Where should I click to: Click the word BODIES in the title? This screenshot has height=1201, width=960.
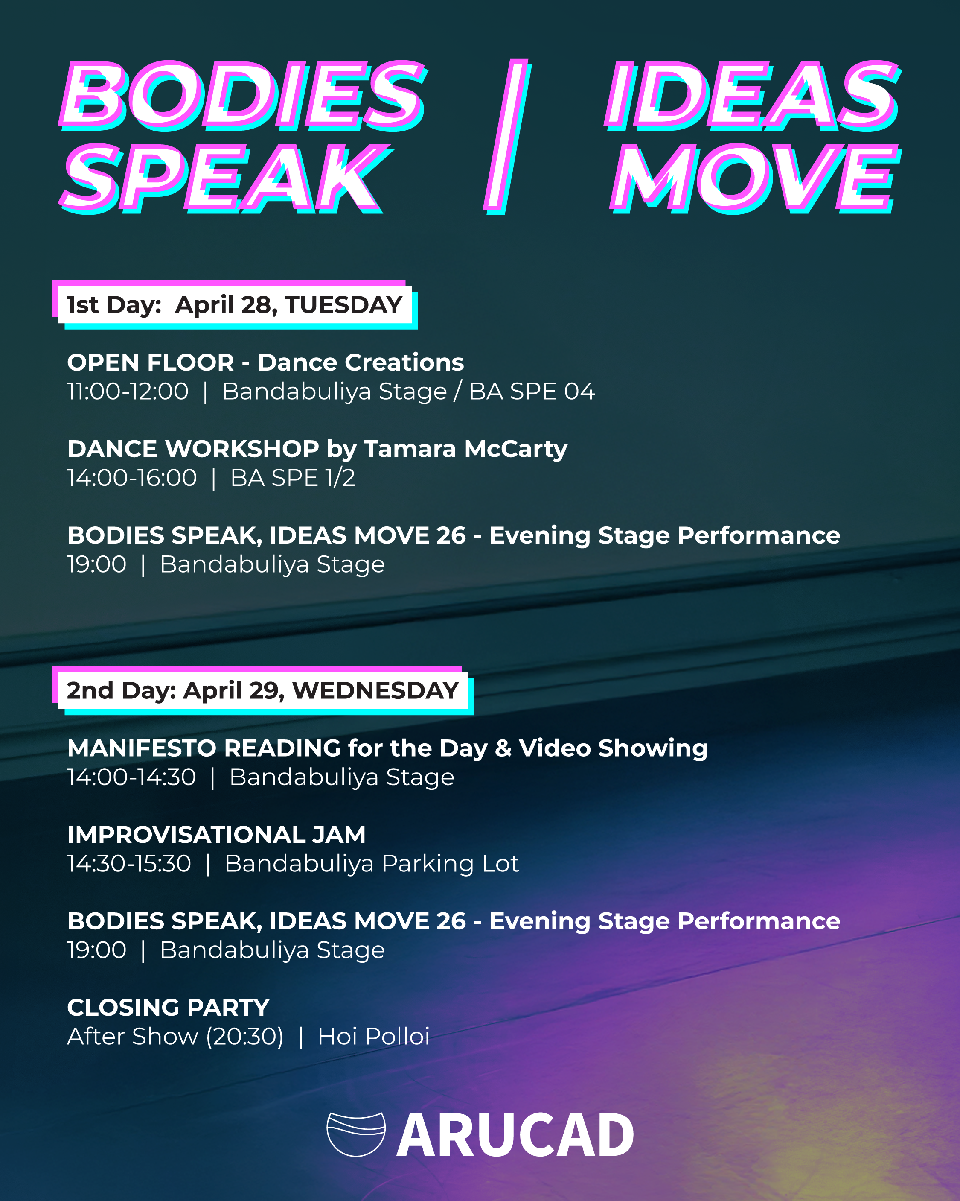point(243,95)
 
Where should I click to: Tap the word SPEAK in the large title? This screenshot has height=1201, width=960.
point(226,178)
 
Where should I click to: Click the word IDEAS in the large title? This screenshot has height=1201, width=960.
point(753,95)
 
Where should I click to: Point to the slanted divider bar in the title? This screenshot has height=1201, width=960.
point(507,137)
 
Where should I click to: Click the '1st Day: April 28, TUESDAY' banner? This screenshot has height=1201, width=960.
point(235,305)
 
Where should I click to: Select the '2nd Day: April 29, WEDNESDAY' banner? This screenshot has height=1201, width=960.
point(263,690)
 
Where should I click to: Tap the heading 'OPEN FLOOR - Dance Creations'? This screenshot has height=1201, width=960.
point(265,362)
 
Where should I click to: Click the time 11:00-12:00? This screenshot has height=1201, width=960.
point(128,391)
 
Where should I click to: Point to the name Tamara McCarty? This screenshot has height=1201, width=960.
point(465,449)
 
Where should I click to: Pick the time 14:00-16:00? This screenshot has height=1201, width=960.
point(132,478)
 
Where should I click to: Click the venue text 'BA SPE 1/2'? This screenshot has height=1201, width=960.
point(293,478)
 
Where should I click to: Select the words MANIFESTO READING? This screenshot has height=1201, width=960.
point(204,748)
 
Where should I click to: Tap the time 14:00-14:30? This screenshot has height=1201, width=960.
point(131,777)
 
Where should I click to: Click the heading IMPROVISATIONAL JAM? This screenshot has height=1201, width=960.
point(216,834)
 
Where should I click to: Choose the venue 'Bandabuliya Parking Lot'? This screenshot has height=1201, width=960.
point(372,863)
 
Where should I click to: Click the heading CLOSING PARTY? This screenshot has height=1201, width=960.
point(168,1008)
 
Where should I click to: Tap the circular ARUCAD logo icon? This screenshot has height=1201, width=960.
point(356,1134)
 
